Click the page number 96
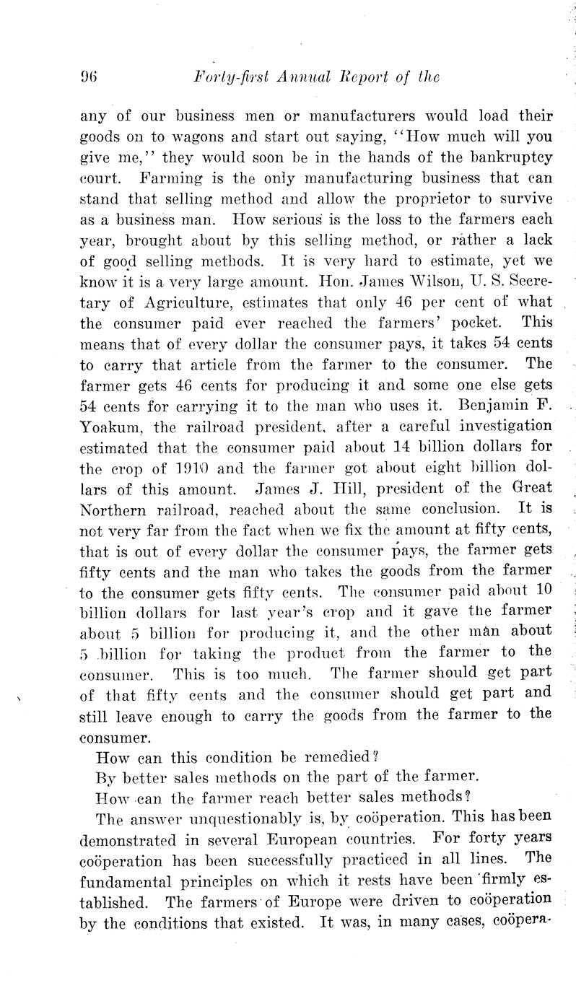88,76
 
